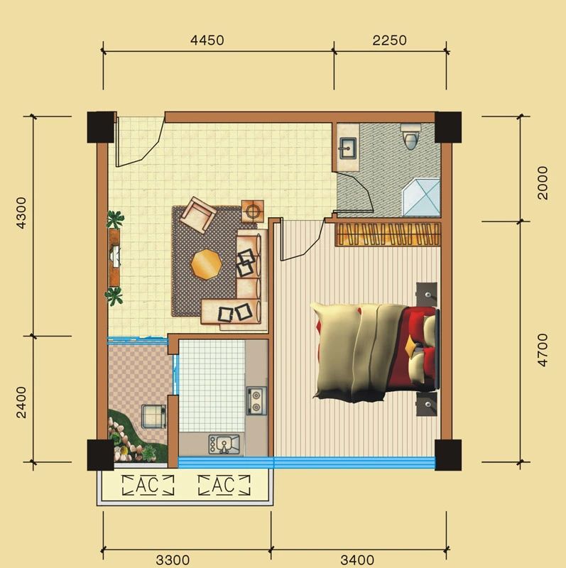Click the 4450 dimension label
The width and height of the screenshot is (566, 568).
207,40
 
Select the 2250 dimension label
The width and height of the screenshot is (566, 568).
390,40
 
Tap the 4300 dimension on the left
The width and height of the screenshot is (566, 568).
21,212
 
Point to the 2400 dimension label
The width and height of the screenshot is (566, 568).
21,402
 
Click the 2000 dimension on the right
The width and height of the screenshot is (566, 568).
543,182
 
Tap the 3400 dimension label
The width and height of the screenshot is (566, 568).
357,559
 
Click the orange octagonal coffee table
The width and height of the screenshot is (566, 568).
206,265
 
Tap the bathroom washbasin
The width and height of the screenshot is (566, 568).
348,148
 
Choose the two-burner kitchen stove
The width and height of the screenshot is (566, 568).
256,400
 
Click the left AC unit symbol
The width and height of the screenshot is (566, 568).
148,486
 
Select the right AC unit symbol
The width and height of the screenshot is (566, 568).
224,486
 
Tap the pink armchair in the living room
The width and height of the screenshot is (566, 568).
198,214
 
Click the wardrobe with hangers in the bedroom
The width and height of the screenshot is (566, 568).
388,234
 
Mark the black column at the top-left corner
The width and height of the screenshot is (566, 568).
101,127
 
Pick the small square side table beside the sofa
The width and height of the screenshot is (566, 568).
254,210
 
